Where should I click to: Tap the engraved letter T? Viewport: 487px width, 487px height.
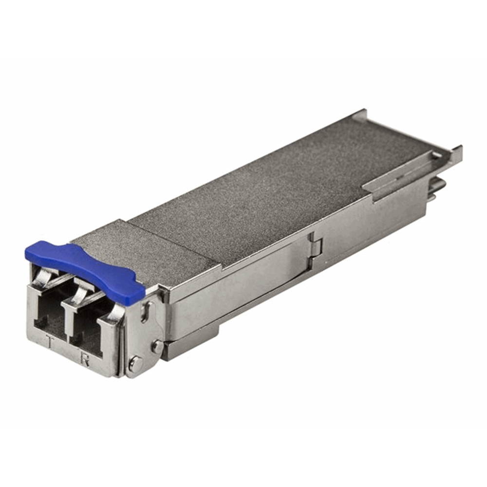pyautogui.click(x=50, y=342)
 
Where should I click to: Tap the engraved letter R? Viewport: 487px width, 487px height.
pyautogui.click(x=84, y=360)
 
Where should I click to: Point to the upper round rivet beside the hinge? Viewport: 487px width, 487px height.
pyautogui.click(x=158, y=345)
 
